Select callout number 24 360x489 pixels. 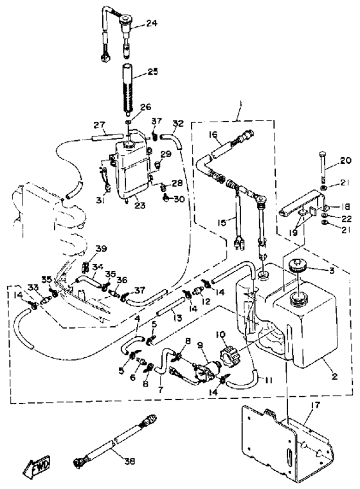pyautogui.click(x=152, y=23)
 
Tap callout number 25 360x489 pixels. pyautogui.click(x=153, y=71)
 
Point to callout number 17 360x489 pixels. pyautogui.click(x=315, y=406)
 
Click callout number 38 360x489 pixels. pyautogui.click(x=129, y=461)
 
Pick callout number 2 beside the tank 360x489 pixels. pyautogui.click(x=334, y=376)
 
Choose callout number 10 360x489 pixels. pyautogui.click(x=220, y=335)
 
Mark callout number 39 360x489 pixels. pyautogui.click(x=101, y=248)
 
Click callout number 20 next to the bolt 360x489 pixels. pyautogui.click(x=337, y=160)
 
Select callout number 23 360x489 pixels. pyautogui.click(x=140, y=205)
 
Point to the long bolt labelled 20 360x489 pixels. pyautogui.click(x=322, y=168)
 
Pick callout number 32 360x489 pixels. pyautogui.click(x=178, y=124)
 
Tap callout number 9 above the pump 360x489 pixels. pyautogui.click(x=200, y=345)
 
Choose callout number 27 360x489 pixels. pyautogui.click(x=100, y=125)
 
